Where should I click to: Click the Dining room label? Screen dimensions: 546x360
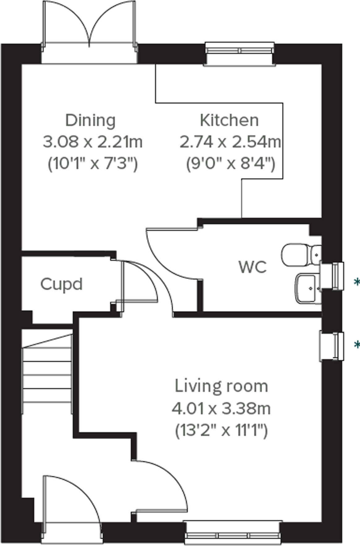coord(90,120)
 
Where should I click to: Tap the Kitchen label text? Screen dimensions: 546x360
coord(229,120)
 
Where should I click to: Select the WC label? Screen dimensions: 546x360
coord(253,267)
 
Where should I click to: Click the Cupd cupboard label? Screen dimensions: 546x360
coord(62,284)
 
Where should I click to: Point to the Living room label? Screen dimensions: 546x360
coord(221,386)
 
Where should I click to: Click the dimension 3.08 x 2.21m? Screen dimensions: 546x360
coord(92,142)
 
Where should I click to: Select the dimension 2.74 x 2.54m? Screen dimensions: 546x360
coord(230,142)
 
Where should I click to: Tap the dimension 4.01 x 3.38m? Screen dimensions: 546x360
coord(221,409)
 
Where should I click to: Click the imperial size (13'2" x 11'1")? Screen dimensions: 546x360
coord(221,430)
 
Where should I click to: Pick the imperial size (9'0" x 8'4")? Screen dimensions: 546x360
coord(230,163)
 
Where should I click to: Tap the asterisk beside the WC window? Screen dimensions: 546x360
coord(357,282)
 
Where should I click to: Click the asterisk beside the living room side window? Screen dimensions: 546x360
coord(357,344)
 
